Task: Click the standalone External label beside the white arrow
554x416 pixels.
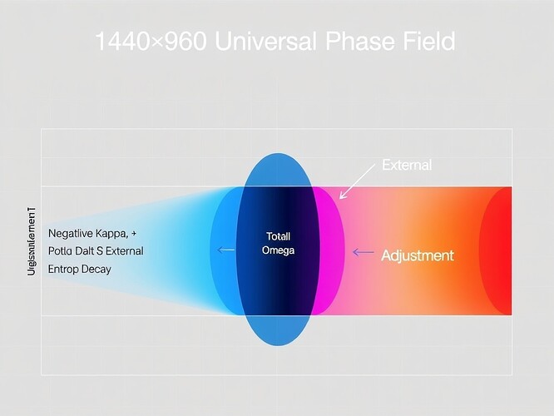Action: point(406,165)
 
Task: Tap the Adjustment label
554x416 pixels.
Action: point(417,255)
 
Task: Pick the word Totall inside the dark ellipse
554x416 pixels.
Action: point(278,236)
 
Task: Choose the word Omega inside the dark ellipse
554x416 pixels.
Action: point(278,250)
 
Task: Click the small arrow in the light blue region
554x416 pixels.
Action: point(225,250)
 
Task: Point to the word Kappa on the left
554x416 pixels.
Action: point(112,232)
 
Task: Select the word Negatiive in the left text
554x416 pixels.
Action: point(70,232)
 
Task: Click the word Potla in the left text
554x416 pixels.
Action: point(62,250)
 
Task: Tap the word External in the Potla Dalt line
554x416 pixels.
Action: point(123,250)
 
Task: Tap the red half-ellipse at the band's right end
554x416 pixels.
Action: point(498,250)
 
